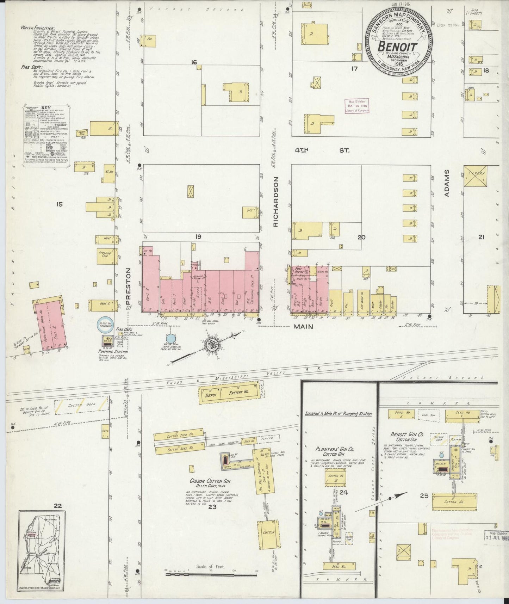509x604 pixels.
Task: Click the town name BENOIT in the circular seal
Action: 398,47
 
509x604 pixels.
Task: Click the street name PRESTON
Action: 129,286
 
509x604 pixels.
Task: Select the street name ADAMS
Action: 446,183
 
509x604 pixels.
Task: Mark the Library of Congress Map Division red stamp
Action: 357,106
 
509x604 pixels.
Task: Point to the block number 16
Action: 193,62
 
